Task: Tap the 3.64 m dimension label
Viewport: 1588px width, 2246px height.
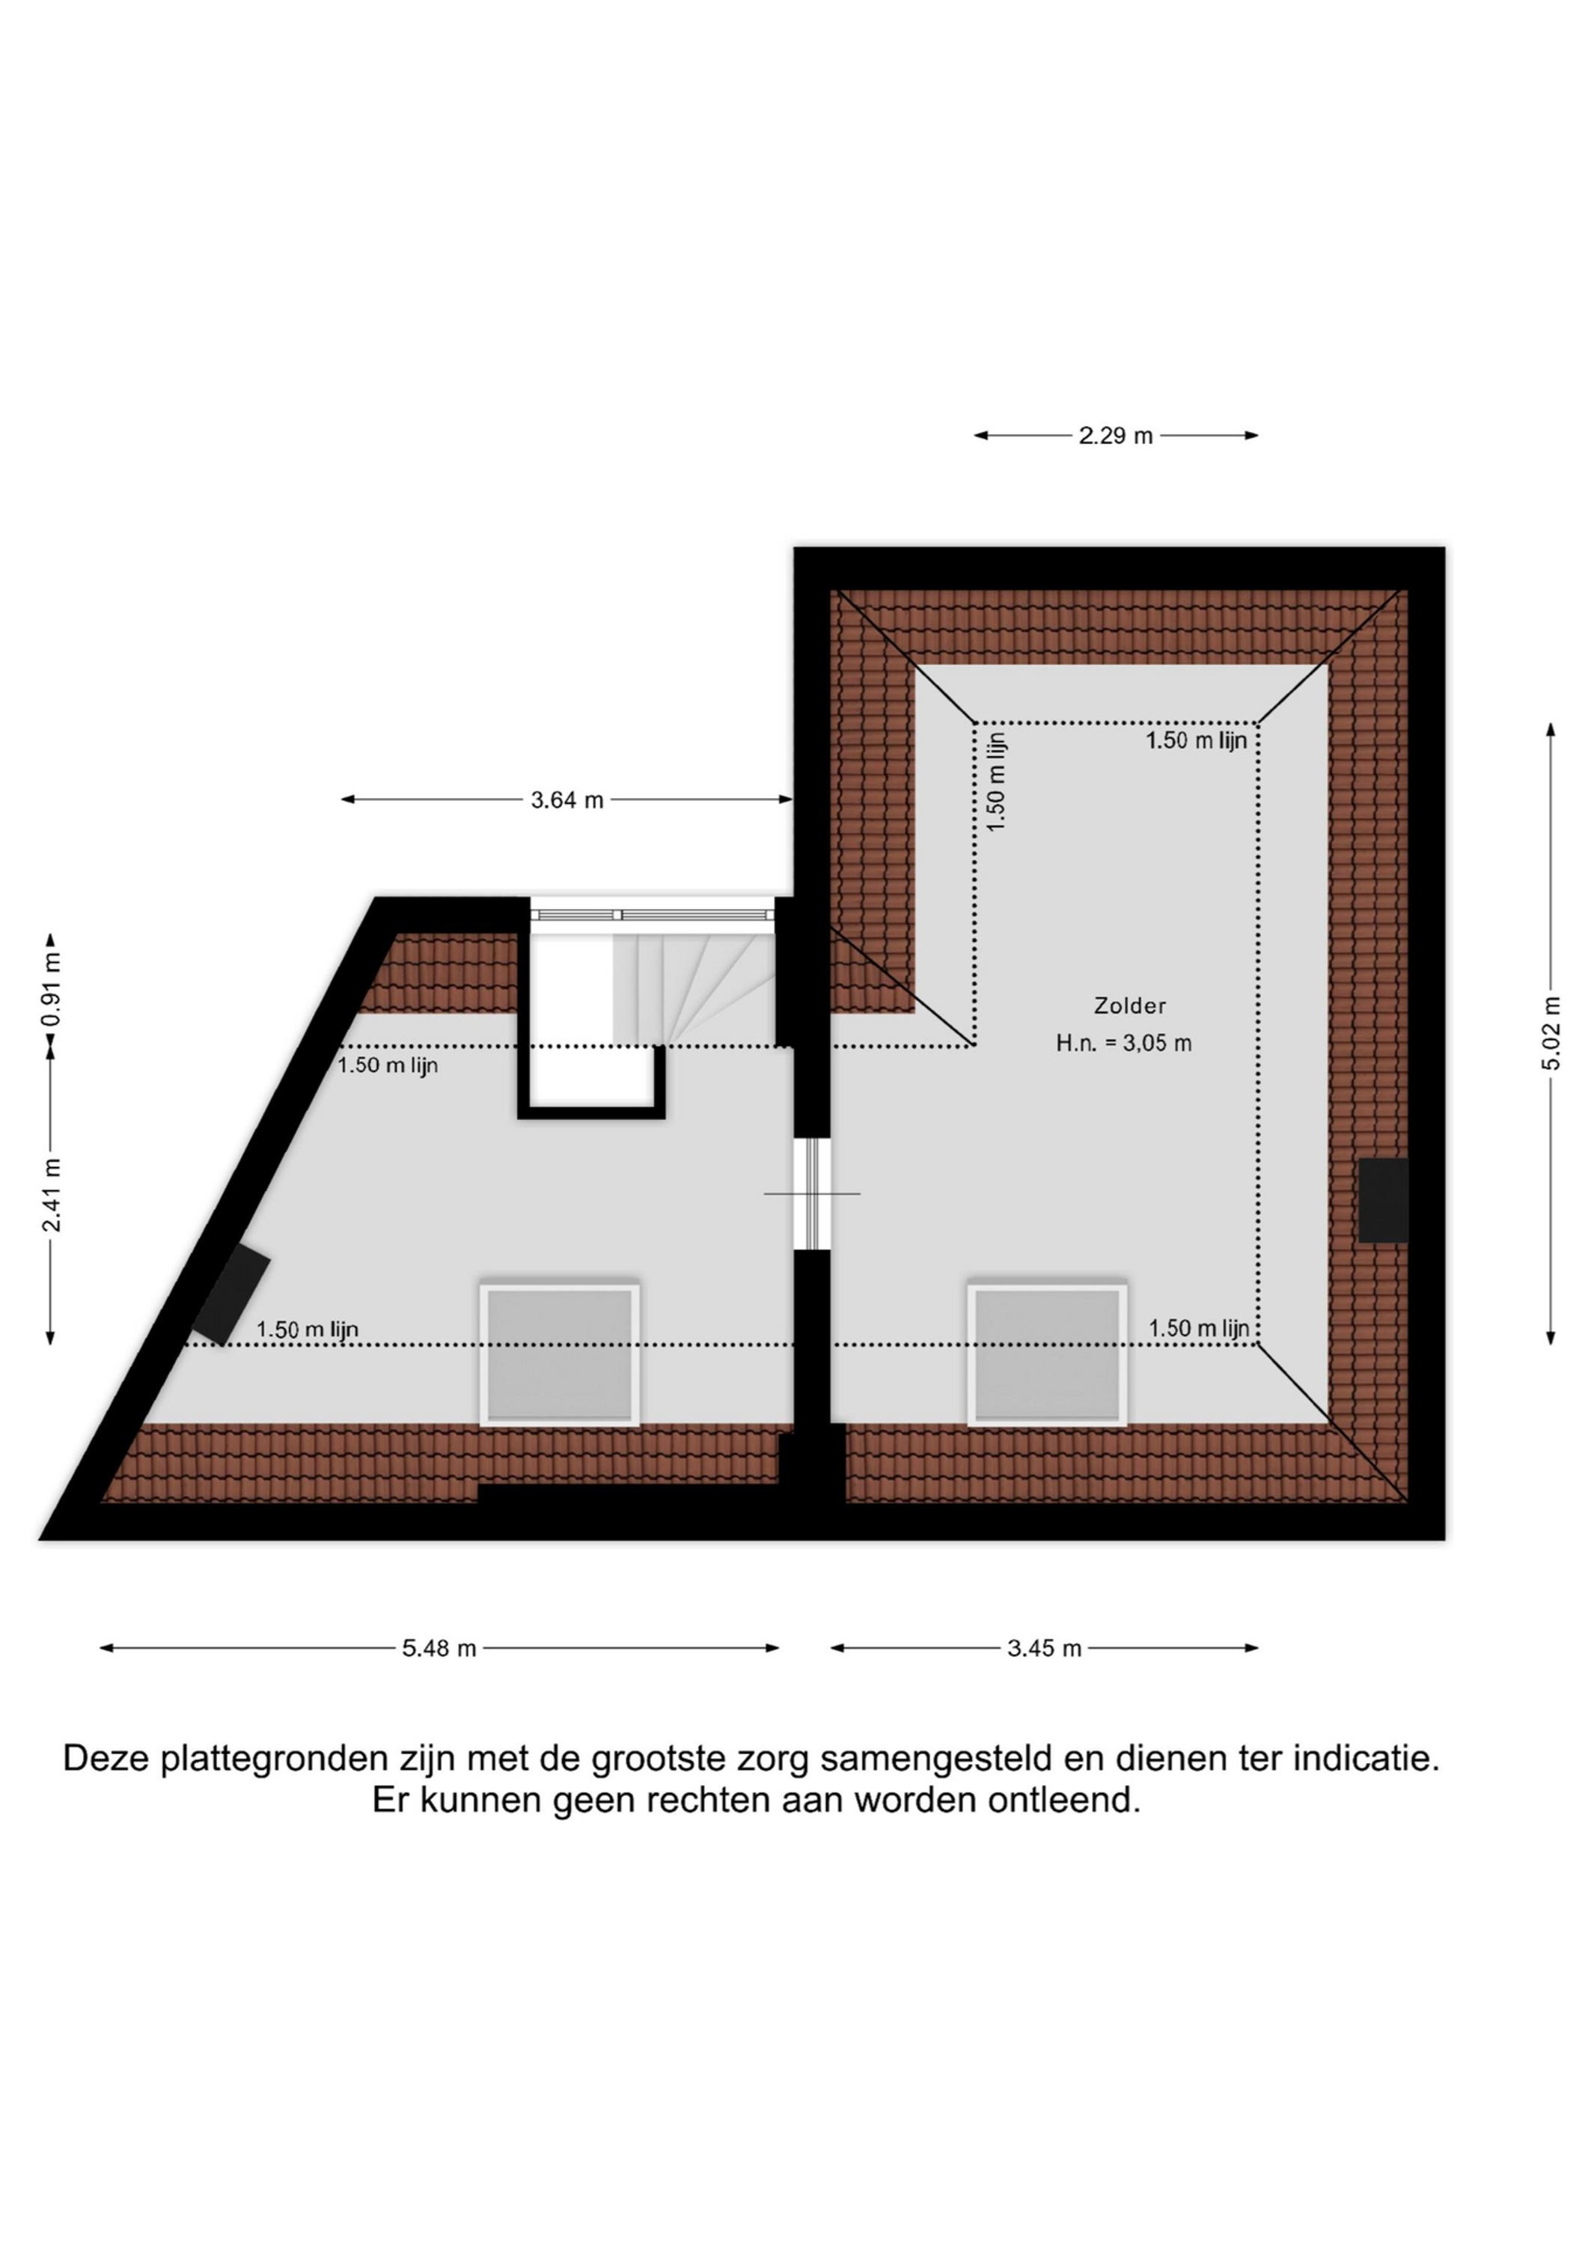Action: tap(567, 800)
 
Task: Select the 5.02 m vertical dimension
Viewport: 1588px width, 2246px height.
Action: tap(1551, 1033)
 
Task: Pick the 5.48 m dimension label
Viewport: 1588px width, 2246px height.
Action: tap(439, 1649)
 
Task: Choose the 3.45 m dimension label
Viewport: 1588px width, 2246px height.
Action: tap(1045, 1649)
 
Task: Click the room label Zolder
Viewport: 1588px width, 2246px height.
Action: tap(1129, 1005)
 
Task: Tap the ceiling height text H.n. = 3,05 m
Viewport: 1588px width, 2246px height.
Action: tap(1123, 1043)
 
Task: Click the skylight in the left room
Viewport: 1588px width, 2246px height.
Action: tap(559, 1355)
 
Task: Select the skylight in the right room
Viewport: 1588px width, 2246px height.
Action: tap(1047, 1355)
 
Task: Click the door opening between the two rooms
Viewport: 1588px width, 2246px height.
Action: tap(812, 1194)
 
